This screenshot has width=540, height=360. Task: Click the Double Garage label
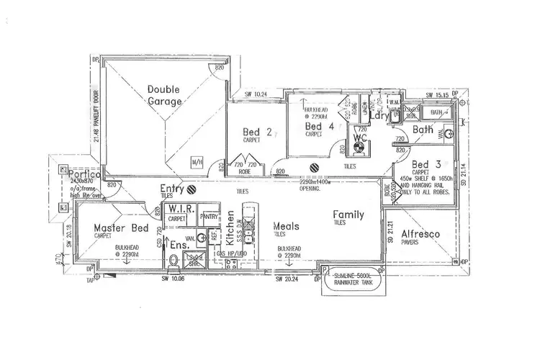[163, 96]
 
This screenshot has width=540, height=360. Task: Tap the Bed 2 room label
[256, 132]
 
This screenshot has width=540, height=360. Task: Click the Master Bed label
[121, 228]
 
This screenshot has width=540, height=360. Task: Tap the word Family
[348, 215]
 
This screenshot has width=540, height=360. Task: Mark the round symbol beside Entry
[192, 191]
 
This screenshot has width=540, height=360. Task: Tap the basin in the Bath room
[447, 132]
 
